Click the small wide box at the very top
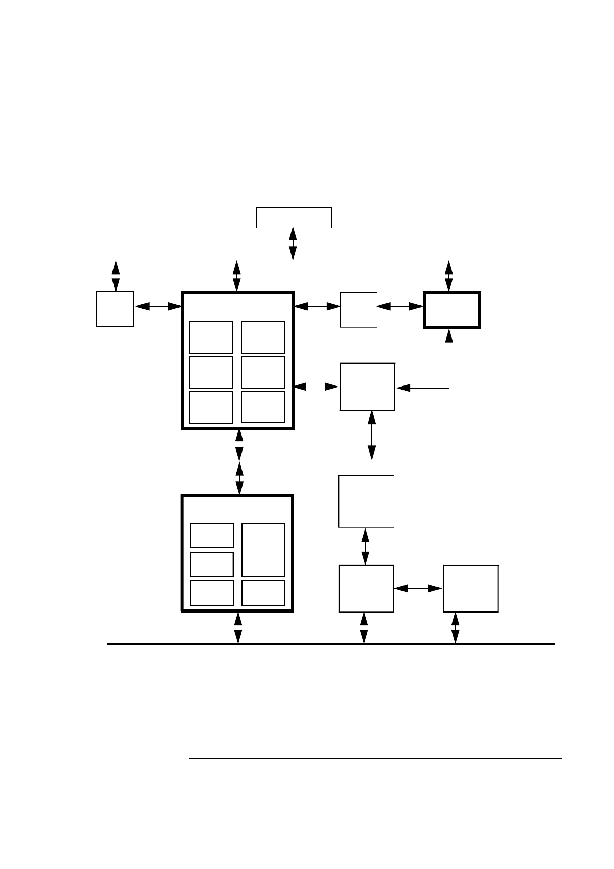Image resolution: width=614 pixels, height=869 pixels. pos(294,217)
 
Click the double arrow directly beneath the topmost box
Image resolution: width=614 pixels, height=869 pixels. pos(293,243)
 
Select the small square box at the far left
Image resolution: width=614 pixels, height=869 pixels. pos(115,309)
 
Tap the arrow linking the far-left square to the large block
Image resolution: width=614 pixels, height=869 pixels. pos(158,307)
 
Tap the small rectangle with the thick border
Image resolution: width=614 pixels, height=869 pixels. pos(452,310)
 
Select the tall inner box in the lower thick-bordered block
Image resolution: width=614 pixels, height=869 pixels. pos(263,550)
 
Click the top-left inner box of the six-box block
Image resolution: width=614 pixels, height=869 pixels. pos(211,337)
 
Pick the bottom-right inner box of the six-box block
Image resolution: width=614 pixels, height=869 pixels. pos(263,407)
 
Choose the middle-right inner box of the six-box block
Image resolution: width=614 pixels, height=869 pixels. pos(263,372)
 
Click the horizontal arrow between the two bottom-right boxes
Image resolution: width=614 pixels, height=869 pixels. pos(418,588)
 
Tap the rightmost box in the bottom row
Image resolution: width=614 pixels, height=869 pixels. pos(471,588)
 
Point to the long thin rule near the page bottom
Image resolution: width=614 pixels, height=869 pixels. pos(375,759)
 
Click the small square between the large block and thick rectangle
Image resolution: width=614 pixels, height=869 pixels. pos(358,310)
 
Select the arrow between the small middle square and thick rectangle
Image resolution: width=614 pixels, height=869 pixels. pos(400,307)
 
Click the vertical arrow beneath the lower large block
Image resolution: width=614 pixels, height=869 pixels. pos(238,627)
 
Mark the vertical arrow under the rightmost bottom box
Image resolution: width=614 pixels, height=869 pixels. pos(455,628)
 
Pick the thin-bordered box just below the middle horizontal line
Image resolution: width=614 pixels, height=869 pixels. pos(366,501)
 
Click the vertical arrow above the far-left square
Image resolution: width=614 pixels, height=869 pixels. pos(116,276)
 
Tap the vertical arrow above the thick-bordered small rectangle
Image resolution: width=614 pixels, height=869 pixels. pos(448,276)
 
